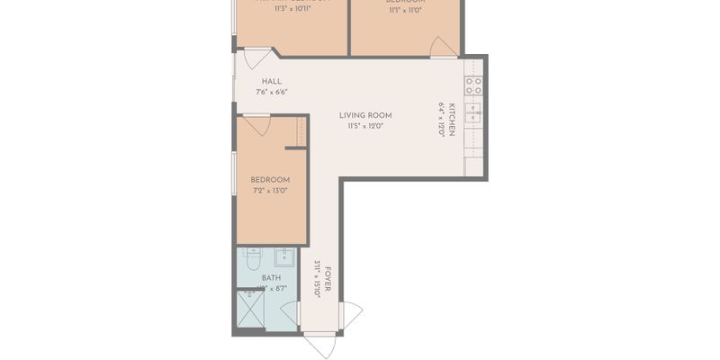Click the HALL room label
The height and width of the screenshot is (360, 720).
click(272, 81)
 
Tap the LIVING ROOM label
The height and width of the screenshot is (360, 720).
click(365, 115)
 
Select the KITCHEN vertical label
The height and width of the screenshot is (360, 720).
click(453, 119)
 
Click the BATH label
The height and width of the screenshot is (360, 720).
click(271, 278)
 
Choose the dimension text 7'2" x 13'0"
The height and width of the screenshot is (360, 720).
click(271, 191)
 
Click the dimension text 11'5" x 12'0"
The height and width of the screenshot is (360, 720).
click(365, 126)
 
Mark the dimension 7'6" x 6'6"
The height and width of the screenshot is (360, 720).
click(272, 92)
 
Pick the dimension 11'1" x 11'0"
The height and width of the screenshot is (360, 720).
click(406, 11)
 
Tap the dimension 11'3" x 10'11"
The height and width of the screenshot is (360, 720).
click(292, 10)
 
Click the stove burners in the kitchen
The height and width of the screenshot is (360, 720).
click(473, 85)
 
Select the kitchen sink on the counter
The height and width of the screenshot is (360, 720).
click(473, 115)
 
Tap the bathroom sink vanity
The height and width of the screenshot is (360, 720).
click(285, 257)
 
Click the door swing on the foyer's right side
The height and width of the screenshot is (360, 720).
click(351, 315)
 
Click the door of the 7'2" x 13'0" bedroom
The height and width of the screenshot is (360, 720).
click(257, 125)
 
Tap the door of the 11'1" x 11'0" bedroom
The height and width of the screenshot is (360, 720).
click(444, 47)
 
